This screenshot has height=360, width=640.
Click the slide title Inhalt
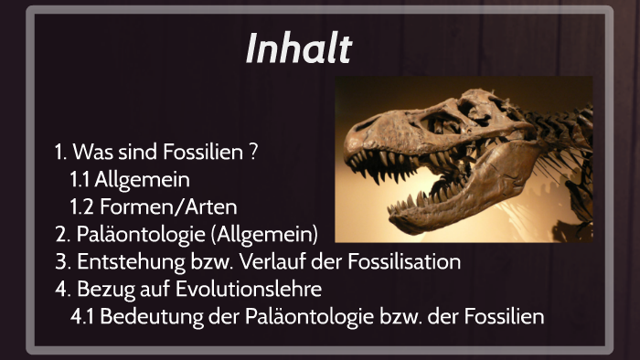[298, 49]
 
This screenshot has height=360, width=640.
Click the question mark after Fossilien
[252, 152]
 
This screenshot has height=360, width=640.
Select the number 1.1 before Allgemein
[80, 179]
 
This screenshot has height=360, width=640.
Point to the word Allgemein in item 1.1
[142, 179]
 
